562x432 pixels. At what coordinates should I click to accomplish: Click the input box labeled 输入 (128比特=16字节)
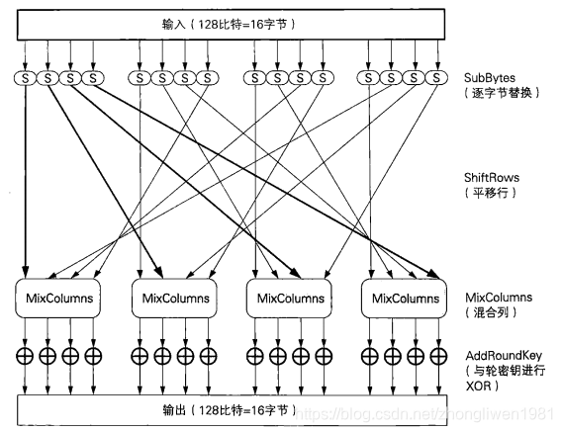[231, 25]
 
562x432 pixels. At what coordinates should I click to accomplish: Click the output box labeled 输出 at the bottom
[233, 410]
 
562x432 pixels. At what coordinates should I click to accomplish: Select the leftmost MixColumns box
[57, 298]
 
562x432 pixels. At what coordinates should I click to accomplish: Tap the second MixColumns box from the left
[174, 298]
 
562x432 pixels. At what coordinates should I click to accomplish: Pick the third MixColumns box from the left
[289, 298]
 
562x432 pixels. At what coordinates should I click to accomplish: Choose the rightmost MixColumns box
[404, 298]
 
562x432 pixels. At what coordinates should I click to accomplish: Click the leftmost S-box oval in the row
[25, 78]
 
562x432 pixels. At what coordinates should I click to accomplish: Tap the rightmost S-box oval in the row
[436, 78]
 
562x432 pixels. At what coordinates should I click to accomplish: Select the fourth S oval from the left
[93, 78]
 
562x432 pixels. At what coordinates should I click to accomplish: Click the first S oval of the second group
[140, 78]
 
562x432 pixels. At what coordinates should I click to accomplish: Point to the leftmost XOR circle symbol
[25, 356]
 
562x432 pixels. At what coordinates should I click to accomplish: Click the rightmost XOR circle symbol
[438, 356]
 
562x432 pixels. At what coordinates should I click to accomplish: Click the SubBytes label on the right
[490, 78]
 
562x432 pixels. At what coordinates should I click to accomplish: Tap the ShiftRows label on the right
[492, 177]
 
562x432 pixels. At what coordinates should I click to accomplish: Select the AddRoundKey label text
[504, 356]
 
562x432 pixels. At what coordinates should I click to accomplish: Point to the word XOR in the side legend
[479, 386]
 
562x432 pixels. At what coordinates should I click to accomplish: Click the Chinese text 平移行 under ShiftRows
[491, 193]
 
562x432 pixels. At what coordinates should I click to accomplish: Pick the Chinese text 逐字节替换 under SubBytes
[502, 93]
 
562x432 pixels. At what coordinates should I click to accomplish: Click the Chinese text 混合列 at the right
[491, 312]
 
